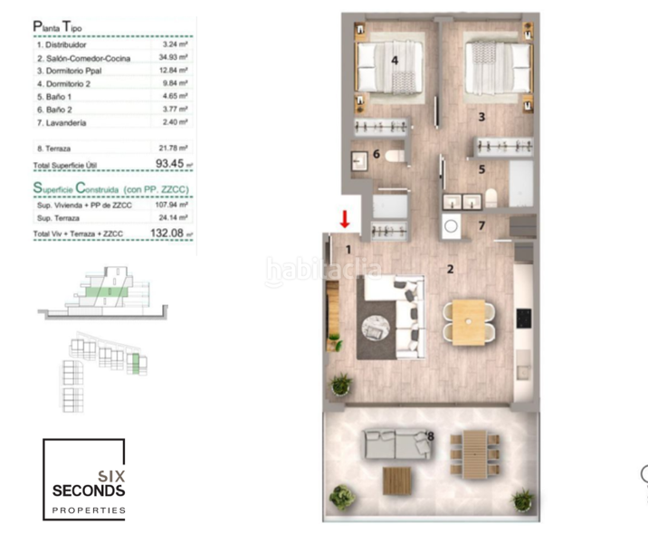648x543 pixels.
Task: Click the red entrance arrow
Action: (x=345, y=219)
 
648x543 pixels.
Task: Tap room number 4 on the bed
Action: (x=395, y=61)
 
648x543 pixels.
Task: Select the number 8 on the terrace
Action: (x=431, y=437)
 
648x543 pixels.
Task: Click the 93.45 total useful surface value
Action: (x=169, y=164)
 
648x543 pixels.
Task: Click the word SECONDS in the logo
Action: (x=90, y=491)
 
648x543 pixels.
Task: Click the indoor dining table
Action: (x=469, y=322)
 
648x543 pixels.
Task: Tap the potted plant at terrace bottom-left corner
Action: (x=341, y=497)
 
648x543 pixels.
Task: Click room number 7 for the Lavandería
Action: (x=482, y=225)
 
